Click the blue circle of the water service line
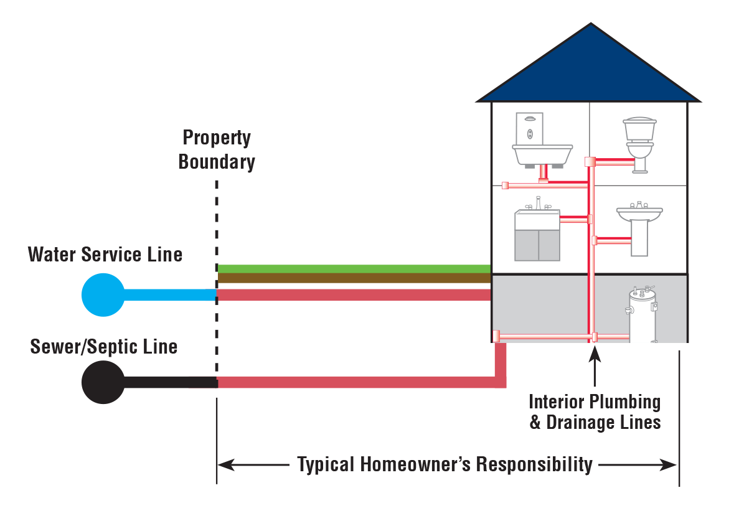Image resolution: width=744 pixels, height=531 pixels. tap(103, 294)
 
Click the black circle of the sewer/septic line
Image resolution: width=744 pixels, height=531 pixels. tap(103, 382)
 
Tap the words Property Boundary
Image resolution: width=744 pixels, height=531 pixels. tap(217, 150)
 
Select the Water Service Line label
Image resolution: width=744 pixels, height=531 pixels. tap(105, 254)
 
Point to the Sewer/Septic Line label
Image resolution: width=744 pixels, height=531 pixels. tap(104, 346)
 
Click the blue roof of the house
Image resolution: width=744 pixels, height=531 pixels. tap(588, 68)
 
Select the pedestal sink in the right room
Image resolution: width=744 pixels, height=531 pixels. tap(639, 227)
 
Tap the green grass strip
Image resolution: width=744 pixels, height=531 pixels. tap(354, 269)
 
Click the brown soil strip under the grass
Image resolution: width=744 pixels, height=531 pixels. tap(354, 279)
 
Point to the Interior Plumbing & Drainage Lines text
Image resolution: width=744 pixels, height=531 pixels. tap(595, 411)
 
